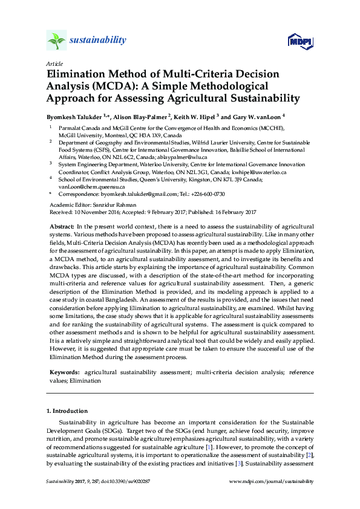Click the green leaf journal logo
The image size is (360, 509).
(x=56, y=41)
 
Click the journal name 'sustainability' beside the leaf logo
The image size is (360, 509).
(x=98, y=41)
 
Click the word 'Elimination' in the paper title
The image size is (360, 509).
(x=77, y=74)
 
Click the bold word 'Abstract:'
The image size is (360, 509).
(x=61, y=225)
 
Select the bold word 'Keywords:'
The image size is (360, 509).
(x=64, y=374)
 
